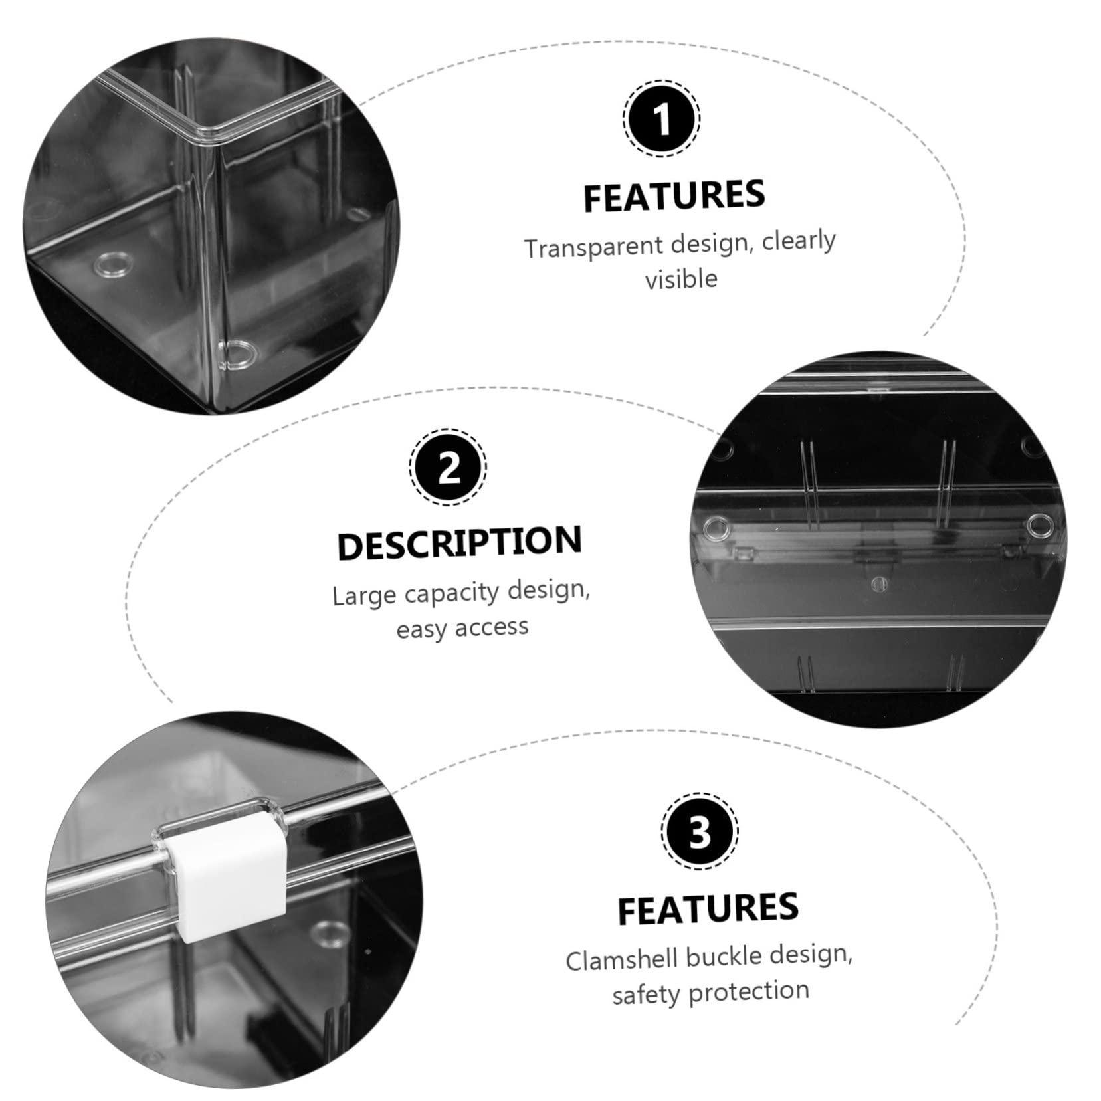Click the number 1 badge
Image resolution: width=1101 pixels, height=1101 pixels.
point(661,119)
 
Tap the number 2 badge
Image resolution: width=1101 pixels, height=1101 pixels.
point(448,467)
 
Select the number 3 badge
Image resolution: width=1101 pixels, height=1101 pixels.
point(700,831)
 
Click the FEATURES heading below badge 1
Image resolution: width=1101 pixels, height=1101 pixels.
point(674,195)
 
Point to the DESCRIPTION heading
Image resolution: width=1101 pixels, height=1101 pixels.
point(460,543)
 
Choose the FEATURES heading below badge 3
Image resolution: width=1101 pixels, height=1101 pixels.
point(708,908)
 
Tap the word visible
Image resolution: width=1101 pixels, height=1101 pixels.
point(681,279)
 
